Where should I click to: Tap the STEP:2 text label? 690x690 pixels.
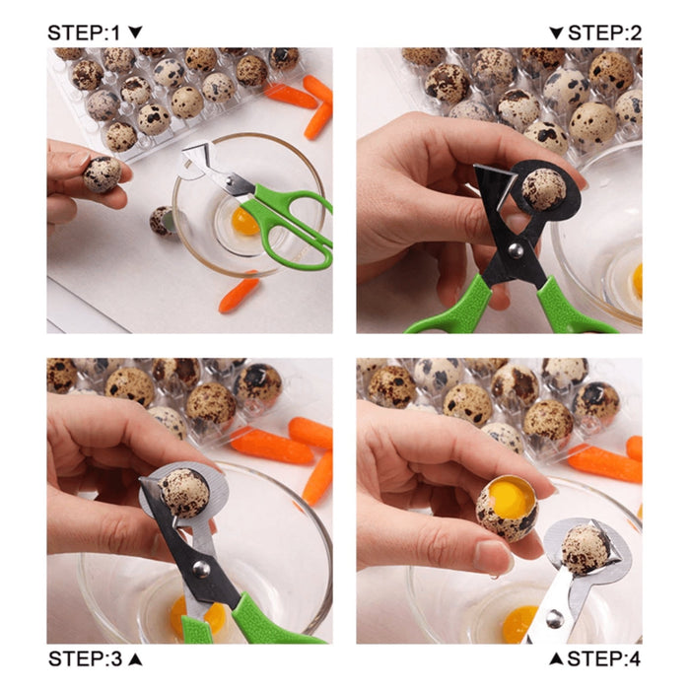coord(604,33)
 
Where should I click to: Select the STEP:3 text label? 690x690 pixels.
coord(87,657)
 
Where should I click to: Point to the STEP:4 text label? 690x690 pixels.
coord(604,657)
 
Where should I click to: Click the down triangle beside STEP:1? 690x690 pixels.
coord(136,33)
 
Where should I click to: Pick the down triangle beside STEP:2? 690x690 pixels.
coord(556,33)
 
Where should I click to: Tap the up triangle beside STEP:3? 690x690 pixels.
coord(136,657)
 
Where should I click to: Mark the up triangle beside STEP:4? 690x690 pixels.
coord(556,657)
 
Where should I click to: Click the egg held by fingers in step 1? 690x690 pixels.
coord(101,173)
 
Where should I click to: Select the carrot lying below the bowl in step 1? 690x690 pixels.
coord(239,295)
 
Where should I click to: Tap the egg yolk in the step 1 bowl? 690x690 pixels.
coord(244,221)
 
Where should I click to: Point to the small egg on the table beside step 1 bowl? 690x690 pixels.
coord(160,220)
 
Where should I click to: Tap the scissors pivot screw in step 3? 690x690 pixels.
coord(200,568)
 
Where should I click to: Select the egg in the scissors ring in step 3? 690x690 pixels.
coord(184,492)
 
